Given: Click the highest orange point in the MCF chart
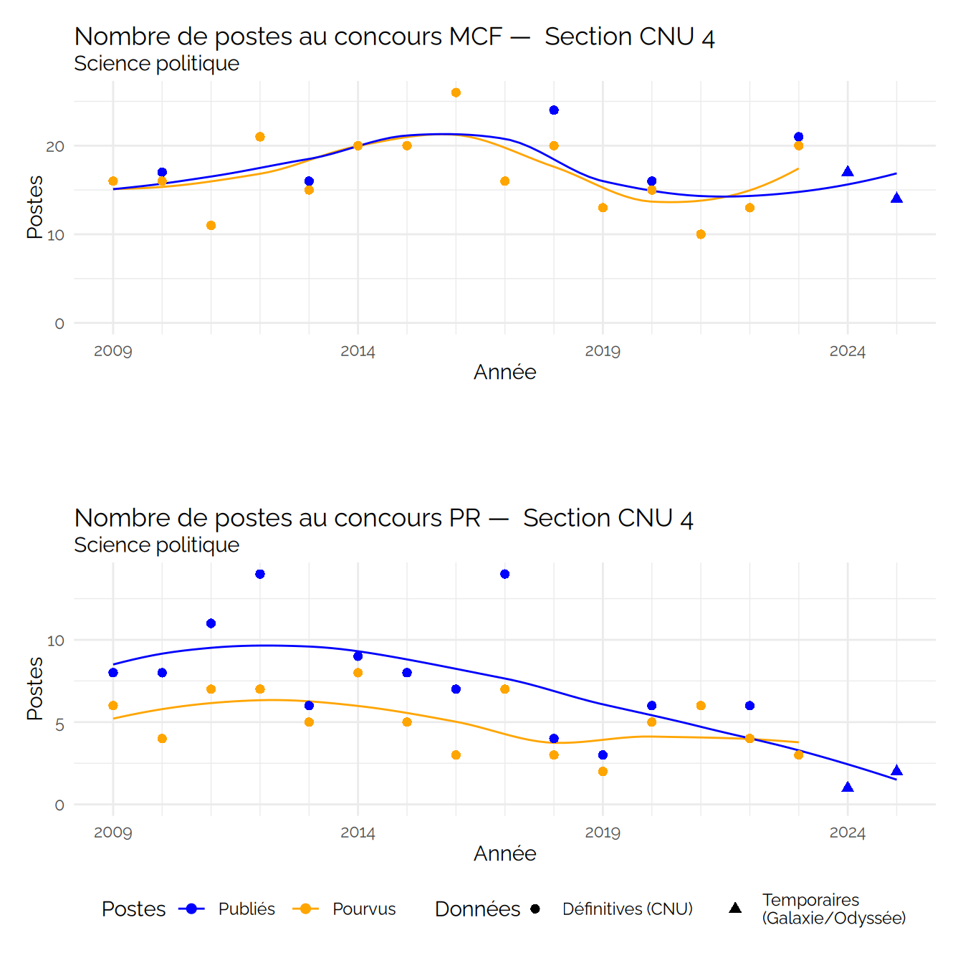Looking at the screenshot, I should click(456, 92).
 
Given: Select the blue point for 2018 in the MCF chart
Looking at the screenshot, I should click(554, 110).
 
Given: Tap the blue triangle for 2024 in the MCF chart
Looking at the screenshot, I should click(848, 171).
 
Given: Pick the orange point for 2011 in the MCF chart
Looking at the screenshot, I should click(211, 226).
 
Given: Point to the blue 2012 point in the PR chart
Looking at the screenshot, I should click(260, 574).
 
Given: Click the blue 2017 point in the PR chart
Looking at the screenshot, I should click(505, 574).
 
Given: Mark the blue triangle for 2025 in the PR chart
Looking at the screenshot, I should click(896, 771).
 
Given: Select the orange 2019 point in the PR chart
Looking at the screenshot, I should click(603, 772).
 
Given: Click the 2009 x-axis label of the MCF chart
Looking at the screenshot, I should click(113, 351).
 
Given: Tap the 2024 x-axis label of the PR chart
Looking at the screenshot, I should click(848, 833).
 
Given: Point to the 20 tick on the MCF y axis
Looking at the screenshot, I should click(55, 146).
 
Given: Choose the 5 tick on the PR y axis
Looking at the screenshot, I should click(59, 724).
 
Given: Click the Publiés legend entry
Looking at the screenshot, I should click(246, 909).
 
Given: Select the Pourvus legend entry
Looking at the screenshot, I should click(364, 909).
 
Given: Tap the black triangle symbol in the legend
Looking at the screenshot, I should click(735, 908).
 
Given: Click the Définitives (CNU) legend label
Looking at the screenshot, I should click(627, 909).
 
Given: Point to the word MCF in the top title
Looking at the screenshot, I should click(475, 37).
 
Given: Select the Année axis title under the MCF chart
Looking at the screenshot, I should click(504, 372).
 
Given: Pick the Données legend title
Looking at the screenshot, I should click(477, 909).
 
